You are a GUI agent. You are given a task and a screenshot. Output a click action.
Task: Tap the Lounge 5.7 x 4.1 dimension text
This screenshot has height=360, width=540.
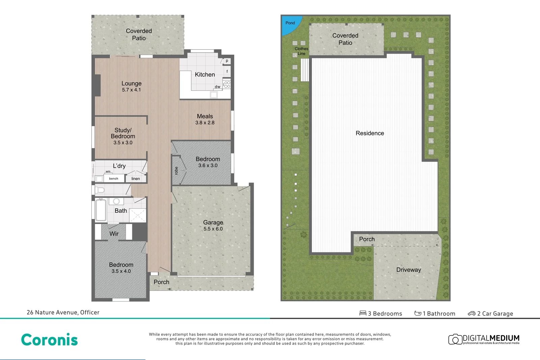131,90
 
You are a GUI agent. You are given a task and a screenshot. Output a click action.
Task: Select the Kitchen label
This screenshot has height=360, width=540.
205,75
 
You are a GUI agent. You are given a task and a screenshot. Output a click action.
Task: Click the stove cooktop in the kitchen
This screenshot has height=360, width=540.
227,84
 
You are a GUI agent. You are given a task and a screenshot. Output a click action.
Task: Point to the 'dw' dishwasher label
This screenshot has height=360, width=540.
218,87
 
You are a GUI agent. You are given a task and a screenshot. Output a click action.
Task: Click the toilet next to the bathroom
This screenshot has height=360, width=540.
100,190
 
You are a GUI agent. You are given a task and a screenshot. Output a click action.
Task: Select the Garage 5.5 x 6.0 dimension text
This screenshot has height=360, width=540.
213,229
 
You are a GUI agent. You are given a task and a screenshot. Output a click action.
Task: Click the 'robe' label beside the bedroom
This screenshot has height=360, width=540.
176,171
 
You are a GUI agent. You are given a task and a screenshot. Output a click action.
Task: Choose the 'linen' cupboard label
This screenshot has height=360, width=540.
135,178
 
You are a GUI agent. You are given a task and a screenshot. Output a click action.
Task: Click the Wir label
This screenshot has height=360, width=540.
114,233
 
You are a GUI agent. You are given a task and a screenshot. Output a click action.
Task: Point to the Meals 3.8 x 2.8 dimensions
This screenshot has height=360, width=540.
205,123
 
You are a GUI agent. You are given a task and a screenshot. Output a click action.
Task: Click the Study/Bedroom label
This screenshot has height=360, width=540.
123,133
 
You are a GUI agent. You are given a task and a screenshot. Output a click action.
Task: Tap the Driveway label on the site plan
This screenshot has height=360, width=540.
408,270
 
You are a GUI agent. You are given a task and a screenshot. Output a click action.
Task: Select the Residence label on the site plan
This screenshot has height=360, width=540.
370,133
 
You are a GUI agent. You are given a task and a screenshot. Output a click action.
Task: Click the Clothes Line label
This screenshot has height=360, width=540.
301,51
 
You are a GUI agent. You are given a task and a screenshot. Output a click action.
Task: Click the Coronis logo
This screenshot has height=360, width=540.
49,340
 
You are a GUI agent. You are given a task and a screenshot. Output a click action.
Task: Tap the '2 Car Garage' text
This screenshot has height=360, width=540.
495,313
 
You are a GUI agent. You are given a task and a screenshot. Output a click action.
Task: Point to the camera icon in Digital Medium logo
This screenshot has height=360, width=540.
455,339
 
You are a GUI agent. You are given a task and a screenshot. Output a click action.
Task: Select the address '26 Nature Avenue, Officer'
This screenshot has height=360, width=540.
63,312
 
